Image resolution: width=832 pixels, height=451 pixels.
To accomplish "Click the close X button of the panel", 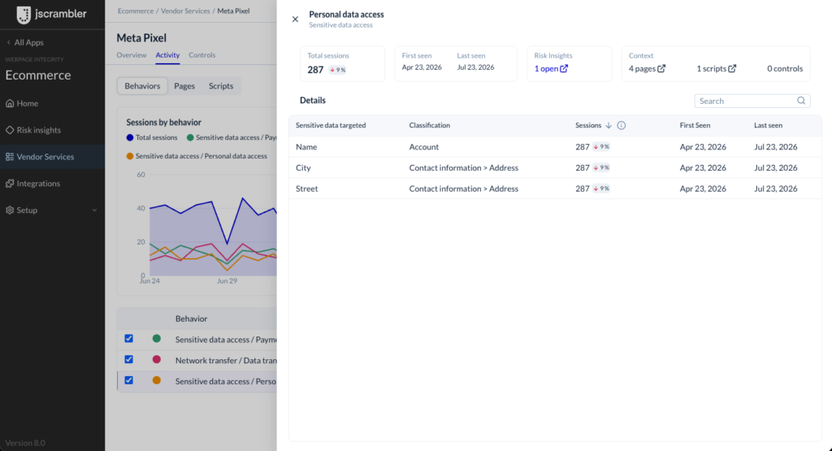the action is (x=295, y=20).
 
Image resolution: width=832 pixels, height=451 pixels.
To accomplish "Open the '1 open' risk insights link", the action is (x=551, y=68).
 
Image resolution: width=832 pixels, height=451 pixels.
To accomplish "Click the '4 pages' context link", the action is (x=647, y=68).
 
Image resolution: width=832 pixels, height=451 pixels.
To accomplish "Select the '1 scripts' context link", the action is (x=717, y=68).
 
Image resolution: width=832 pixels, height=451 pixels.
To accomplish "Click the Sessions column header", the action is (x=588, y=125).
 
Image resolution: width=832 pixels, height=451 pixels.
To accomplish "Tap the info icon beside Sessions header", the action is (x=622, y=125).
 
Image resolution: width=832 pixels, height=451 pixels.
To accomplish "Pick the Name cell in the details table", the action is (x=306, y=147).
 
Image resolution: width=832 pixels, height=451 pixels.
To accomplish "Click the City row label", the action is (x=303, y=167).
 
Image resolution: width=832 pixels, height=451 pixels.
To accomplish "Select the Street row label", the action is (x=306, y=189).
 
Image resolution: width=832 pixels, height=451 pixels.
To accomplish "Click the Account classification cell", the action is (x=424, y=147).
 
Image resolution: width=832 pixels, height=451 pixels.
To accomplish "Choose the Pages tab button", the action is (x=184, y=86).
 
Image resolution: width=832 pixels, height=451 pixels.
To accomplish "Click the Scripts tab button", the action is (x=221, y=86).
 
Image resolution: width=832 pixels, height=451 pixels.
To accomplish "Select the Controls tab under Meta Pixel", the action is (x=202, y=54).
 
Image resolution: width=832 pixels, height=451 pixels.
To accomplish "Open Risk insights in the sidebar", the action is (x=39, y=130).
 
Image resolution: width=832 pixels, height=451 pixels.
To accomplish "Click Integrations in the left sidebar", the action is (x=38, y=184).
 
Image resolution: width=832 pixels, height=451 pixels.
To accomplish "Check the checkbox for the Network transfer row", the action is (x=129, y=359).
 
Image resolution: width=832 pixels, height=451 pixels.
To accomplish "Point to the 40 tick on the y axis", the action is (x=141, y=208).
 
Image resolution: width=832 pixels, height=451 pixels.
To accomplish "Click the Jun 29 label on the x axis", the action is (x=227, y=280).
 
